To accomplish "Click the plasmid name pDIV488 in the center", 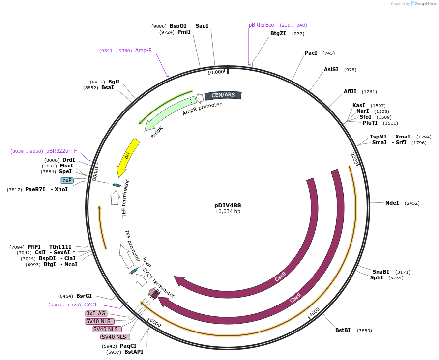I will point(228,205).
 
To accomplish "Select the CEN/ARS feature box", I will point(223,95).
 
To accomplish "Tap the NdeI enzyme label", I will point(392,203).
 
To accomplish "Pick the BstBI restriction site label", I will point(343,330).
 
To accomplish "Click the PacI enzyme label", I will point(311,53).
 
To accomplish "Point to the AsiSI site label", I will point(331,69).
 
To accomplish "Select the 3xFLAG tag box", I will point(96,313).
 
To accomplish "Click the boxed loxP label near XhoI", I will point(67,180).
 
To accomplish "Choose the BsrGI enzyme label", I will point(84,296).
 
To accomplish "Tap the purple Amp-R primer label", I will point(144,50).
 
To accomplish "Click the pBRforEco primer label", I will point(262,25).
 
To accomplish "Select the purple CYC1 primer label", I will point(90,305).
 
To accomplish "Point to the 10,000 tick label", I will point(216,72).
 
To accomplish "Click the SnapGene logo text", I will point(426,4).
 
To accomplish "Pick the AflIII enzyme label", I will point(351,91).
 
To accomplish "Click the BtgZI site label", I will point(278,33).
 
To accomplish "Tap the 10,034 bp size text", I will point(228,212).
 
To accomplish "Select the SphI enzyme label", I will point(377,277).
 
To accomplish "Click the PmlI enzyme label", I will point(184,32).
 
